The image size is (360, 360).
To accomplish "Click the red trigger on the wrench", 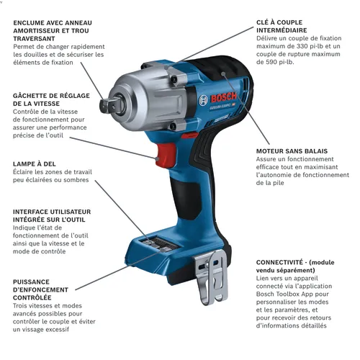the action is click(166, 155).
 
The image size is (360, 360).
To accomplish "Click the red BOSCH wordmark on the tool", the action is click(223, 97).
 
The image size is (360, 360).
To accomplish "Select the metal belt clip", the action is click(211, 276).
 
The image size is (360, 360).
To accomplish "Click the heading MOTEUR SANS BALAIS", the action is click(292, 151).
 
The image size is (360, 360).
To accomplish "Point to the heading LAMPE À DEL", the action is click(35, 164).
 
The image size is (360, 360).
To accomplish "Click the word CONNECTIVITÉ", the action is click(279, 262).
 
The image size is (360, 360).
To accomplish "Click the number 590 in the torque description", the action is click(272, 62).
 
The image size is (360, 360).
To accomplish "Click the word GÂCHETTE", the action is click(28, 96).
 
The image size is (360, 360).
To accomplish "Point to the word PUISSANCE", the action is click(31, 282).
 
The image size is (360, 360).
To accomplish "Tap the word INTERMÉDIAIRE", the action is click(282, 30).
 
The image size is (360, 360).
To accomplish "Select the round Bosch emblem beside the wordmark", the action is click(203, 100).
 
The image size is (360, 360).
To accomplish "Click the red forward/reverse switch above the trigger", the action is click(189, 136).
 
